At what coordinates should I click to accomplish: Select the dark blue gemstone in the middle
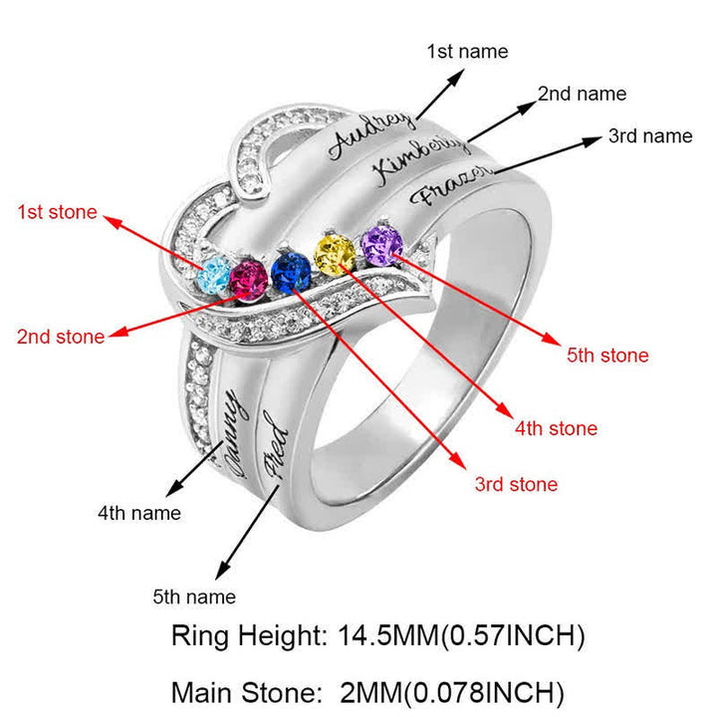click(290, 270)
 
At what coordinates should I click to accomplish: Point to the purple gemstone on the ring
click(380, 244)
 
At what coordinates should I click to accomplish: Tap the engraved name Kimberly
click(416, 160)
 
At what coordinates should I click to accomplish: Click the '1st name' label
click(467, 51)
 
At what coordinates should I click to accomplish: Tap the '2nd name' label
click(582, 94)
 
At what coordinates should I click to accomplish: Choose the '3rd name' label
click(649, 136)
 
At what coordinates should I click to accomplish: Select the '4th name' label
click(139, 513)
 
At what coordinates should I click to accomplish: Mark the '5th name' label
click(194, 597)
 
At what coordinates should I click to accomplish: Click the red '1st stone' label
click(58, 212)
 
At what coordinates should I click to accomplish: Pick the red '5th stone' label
click(607, 356)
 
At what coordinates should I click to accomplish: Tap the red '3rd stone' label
click(516, 485)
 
